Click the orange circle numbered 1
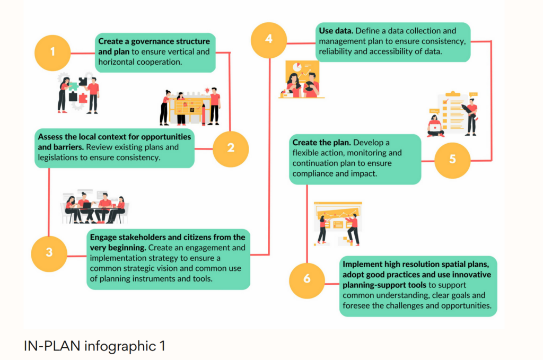point(52,52)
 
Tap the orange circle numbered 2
point(231,148)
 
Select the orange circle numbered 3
point(49,252)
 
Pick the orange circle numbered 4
point(269,39)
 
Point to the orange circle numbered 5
point(452,159)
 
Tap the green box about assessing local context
point(115,148)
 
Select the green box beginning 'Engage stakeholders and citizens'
point(168,258)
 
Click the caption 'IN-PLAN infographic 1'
point(94,346)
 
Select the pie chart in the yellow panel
point(296,67)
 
